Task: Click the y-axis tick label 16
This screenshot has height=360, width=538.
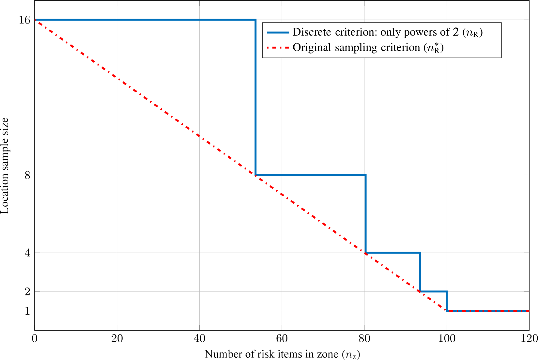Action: pyautogui.click(x=24, y=20)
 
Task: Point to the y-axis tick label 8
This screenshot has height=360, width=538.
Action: pyautogui.click(x=27, y=175)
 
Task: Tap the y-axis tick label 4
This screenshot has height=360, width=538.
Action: pyautogui.click(x=27, y=253)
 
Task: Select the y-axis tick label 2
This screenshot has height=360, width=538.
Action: pyautogui.click(x=27, y=291)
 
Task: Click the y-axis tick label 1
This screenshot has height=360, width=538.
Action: pyautogui.click(x=27, y=311)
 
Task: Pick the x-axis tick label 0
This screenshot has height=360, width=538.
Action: pyautogui.click(x=35, y=339)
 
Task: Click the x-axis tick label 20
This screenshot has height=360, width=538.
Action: pyautogui.click(x=117, y=339)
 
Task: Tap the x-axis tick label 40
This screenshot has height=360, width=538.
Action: pyautogui.click(x=199, y=339)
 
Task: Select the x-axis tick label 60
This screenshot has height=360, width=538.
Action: pyautogui.click(x=282, y=339)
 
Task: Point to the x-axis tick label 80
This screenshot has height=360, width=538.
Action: pyautogui.click(x=364, y=339)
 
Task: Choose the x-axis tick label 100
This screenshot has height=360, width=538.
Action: pyautogui.click(x=447, y=339)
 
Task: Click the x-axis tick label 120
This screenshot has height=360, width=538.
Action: pyautogui.click(x=529, y=339)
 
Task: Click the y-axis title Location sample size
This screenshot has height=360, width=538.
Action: pyautogui.click(x=5, y=166)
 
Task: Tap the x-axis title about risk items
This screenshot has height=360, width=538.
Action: pyautogui.click(x=282, y=354)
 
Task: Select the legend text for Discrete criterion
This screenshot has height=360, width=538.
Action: pyautogui.click(x=387, y=32)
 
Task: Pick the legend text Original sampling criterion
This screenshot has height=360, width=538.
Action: pyautogui.click(x=368, y=48)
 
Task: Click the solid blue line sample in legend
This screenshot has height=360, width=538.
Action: pyautogui.click(x=278, y=32)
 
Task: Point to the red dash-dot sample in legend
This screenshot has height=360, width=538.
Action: pyautogui.click(x=278, y=48)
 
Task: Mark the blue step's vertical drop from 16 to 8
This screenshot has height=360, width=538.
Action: pyautogui.click(x=255, y=98)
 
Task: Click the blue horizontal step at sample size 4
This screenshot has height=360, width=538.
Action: pyautogui.click(x=393, y=253)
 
